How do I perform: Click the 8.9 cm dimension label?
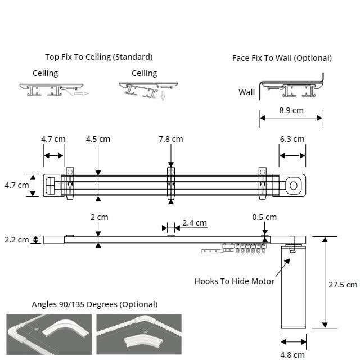click(291, 110)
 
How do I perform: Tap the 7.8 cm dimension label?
click(170, 139)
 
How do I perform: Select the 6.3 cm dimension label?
click(292, 139)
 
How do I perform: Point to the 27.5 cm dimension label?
click(343, 284)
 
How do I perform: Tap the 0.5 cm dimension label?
click(264, 217)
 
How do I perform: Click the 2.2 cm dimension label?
click(16, 240)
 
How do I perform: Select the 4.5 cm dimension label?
click(98, 139)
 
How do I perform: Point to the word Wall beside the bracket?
click(246, 92)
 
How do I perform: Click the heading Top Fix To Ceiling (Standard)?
click(99, 57)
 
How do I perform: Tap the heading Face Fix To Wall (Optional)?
click(282, 58)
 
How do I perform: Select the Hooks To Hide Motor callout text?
click(234, 281)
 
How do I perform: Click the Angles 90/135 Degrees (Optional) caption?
click(94, 304)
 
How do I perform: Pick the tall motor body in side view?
click(294, 292)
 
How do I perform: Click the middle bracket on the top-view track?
click(172, 183)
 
